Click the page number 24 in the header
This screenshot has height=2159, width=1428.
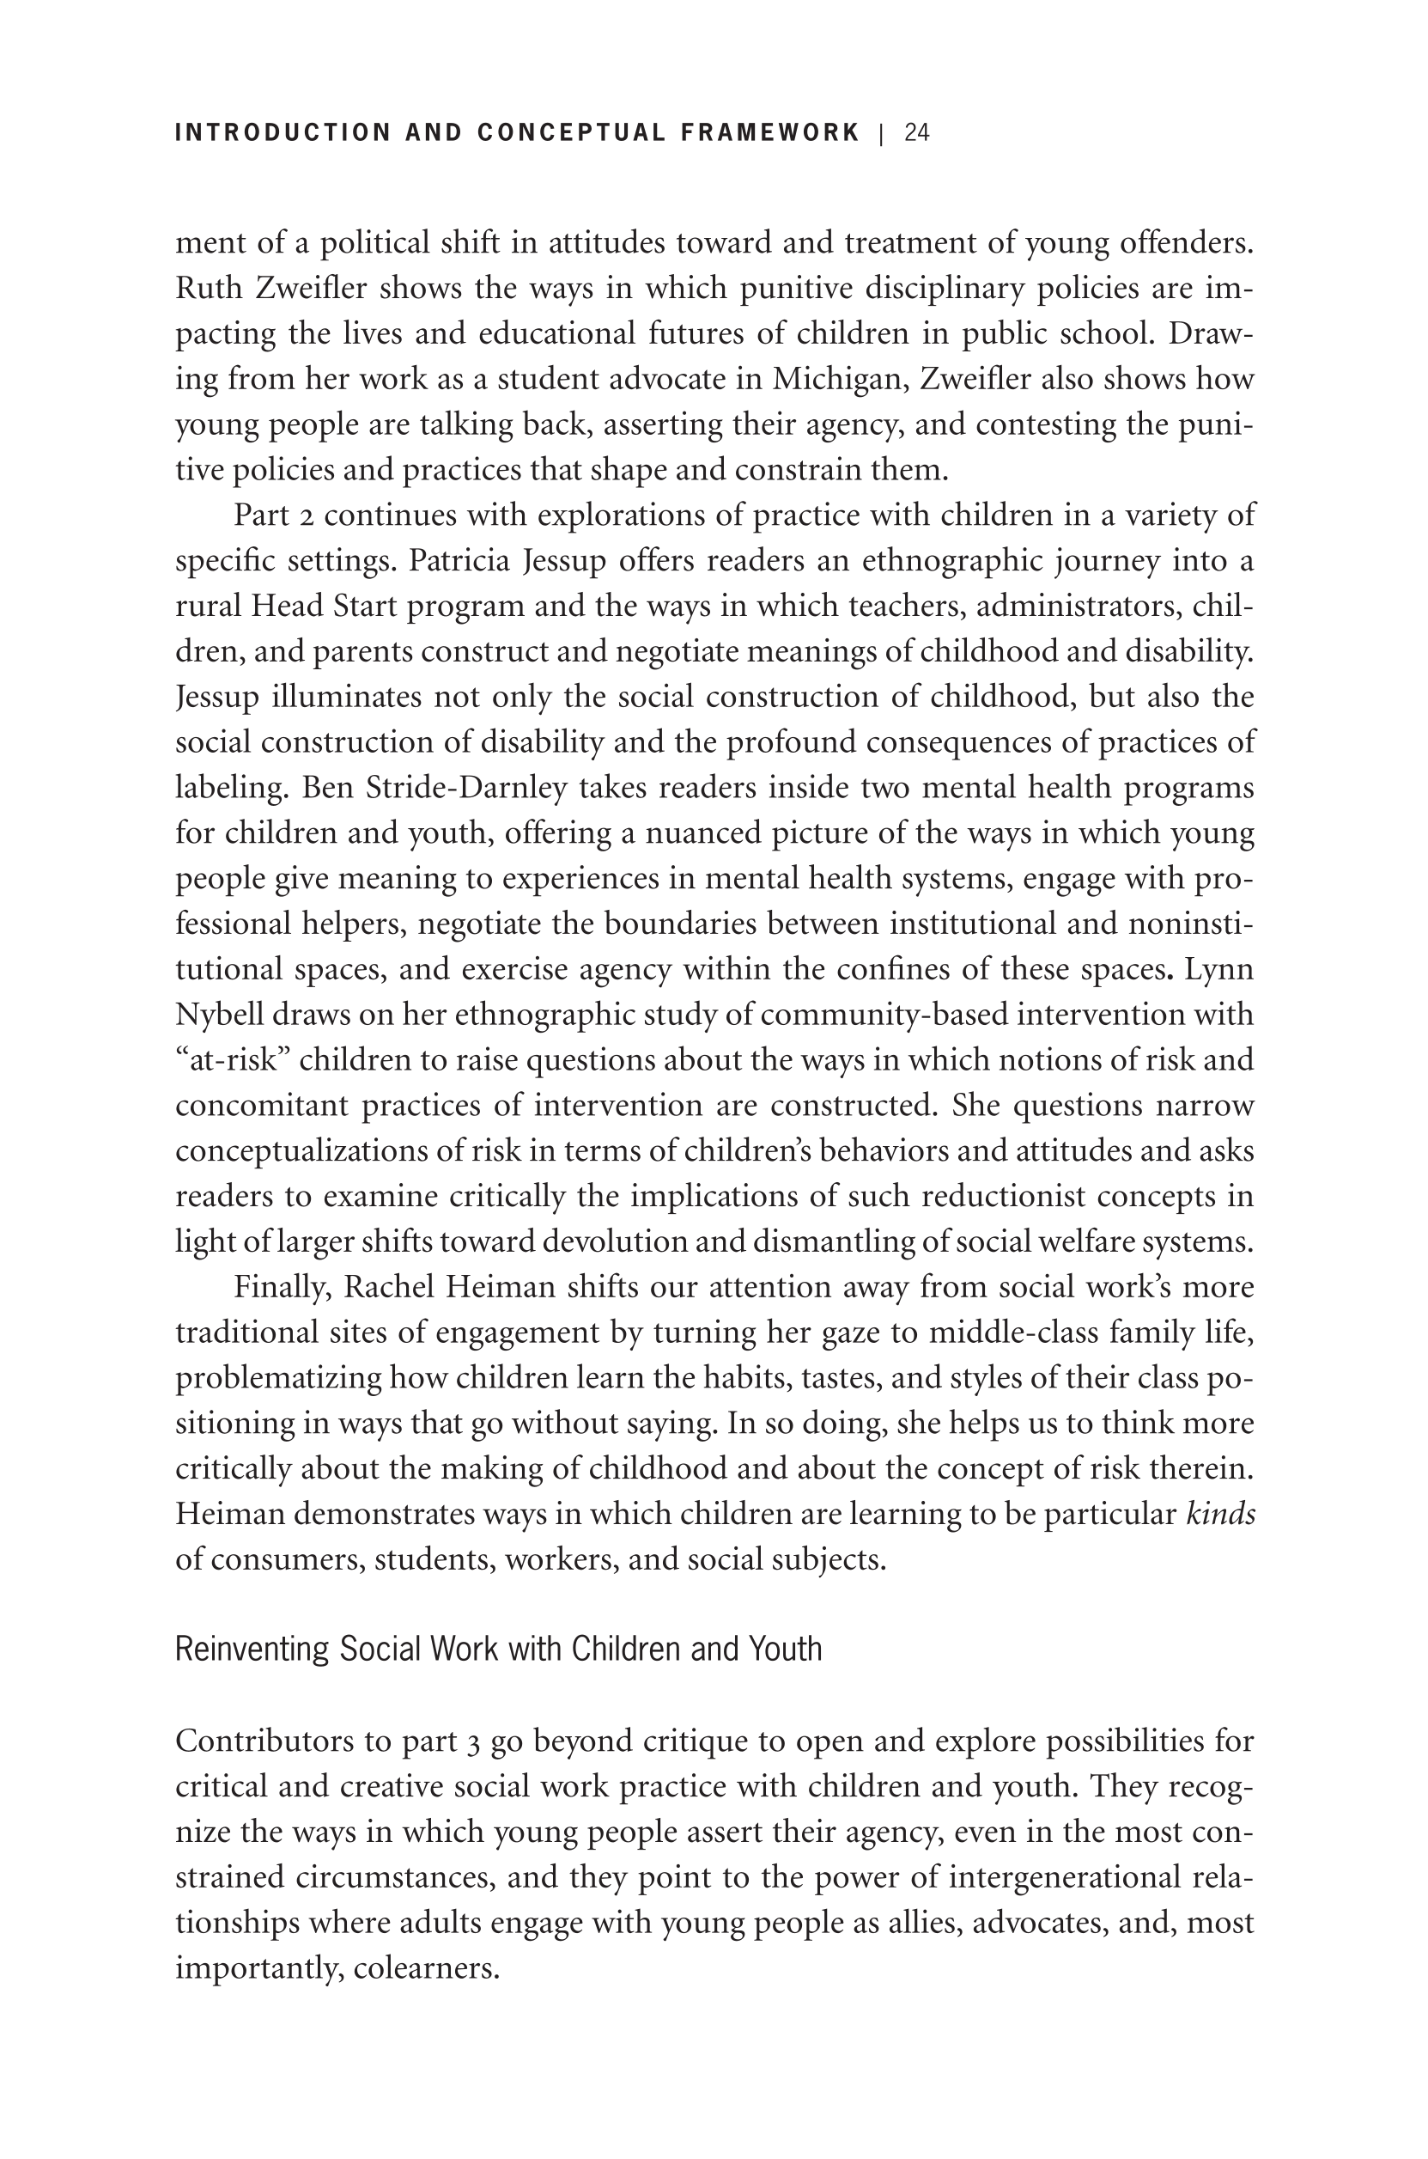(916, 133)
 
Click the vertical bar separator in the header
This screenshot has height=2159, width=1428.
(882, 133)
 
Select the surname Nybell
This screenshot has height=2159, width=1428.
(216, 1014)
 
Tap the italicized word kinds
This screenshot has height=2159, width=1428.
(1220, 1514)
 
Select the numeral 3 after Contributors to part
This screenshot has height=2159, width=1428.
(472, 1741)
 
